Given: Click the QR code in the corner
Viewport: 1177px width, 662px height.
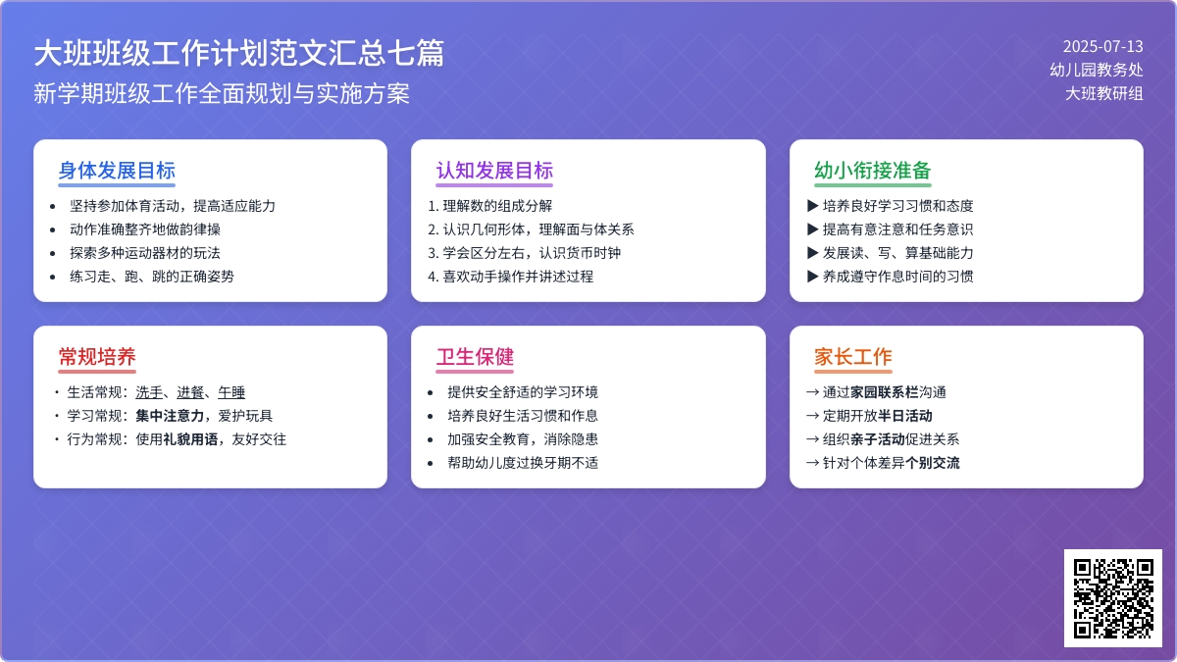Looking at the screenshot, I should pyautogui.click(x=1112, y=597).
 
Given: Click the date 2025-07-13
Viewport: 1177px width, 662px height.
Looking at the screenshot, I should pyautogui.click(x=1102, y=46).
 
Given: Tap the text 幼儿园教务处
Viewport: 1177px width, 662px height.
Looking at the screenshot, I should pyautogui.click(x=1096, y=70).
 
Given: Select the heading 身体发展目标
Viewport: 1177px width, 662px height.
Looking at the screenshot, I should pyautogui.click(x=117, y=170).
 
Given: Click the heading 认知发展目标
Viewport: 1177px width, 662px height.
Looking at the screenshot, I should pyautogui.click(x=494, y=170).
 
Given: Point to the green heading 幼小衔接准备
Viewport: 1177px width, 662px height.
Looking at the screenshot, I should pyautogui.click(x=872, y=170).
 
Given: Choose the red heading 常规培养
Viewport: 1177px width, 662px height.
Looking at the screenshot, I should pyautogui.click(x=97, y=356).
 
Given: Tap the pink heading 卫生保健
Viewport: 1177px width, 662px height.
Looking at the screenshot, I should pyautogui.click(x=475, y=356).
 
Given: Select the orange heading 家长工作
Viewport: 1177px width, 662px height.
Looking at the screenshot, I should pyautogui.click(x=852, y=356).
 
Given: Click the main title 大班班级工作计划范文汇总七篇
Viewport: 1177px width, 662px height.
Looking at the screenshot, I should pyautogui.click(x=238, y=53).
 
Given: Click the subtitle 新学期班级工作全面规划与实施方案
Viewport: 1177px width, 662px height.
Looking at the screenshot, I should pyautogui.click(x=222, y=94).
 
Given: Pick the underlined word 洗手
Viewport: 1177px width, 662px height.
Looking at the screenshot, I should pyautogui.click(x=149, y=392).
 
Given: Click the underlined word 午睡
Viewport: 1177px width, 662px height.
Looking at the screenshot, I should pyautogui.click(x=231, y=392).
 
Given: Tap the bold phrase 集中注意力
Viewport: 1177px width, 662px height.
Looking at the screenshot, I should pyautogui.click(x=169, y=416).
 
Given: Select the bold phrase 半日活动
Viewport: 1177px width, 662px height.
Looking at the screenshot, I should pyautogui.click(x=905, y=416).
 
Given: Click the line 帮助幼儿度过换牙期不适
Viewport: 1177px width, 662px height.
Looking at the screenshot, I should pyautogui.click(x=523, y=463).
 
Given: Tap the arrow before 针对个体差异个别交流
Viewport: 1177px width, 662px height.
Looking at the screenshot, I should pyautogui.click(x=812, y=463).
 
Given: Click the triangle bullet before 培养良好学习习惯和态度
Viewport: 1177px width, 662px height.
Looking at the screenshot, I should pyautogui.click(x=812, y=206).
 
